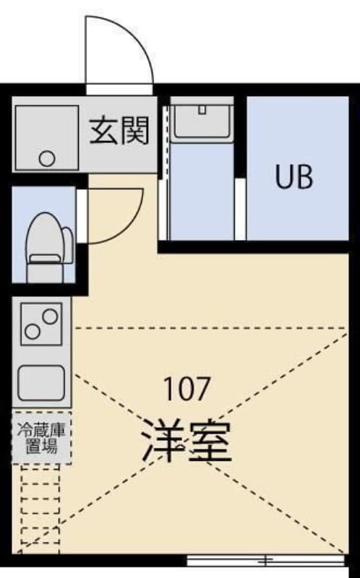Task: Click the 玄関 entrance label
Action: (119, 131)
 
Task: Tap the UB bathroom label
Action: (294, 176)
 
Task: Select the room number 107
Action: (187, 389)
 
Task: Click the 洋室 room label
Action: (187, 441)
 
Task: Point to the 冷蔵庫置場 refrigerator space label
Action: (41, 439)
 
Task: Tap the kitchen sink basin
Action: (41, 383)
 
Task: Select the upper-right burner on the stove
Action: (50, 316)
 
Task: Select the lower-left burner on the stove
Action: (32, 332)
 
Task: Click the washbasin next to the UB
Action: (202, 121)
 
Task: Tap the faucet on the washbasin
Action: (202, 110)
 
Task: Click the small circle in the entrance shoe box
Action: (47, 159)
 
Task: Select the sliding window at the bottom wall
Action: (265, 561)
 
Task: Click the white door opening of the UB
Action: (240, 209)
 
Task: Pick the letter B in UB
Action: (305, 177)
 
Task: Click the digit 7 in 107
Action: (202, 389)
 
